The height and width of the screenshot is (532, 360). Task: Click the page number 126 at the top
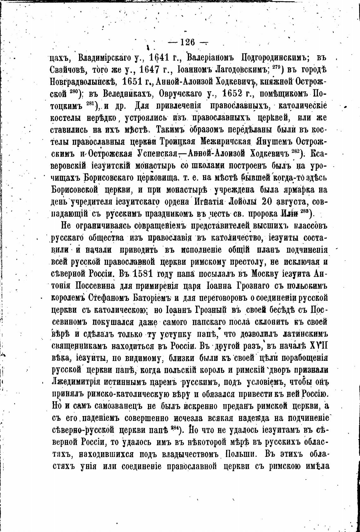coord(187,42)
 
